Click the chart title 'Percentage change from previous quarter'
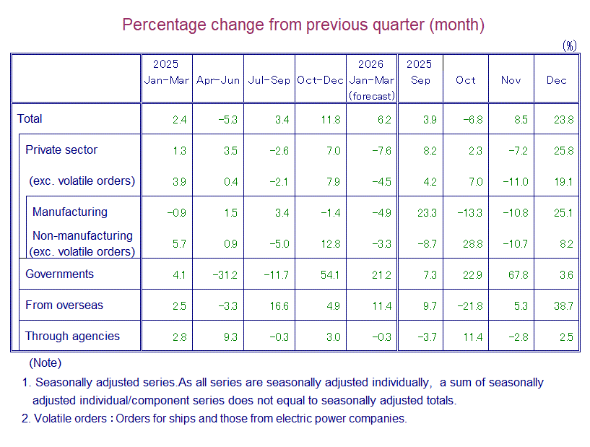(303, 25)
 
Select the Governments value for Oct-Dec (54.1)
(330, 274)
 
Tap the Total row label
(30, 119)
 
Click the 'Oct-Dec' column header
(320, 80)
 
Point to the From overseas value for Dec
(564, 305)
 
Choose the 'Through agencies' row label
(72, 337)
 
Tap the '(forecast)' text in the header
(371, 95)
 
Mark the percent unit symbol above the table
(570, 45)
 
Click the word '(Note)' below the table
(45, 363)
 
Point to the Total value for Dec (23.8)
(564, 119)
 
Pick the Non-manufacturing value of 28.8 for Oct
(472, 244)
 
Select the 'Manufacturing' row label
(69, 212)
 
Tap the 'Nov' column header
(511, 80)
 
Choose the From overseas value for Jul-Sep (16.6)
(279, 305)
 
